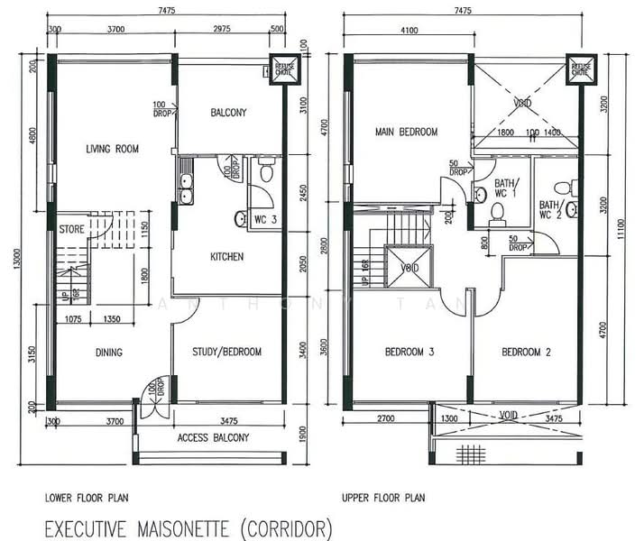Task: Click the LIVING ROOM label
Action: coord(112,150)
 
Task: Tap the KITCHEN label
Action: coord(226,257)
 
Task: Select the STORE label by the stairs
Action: coord(71,230)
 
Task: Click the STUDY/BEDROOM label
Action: coord(228,352)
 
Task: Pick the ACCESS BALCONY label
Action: coord(213,438)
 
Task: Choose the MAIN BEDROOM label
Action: coord(406,133)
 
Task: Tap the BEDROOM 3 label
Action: coord(410,352)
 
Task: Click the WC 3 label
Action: coord(264,220)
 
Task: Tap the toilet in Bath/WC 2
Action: coord(561,188)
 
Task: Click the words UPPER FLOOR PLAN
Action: coord(383,497)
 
